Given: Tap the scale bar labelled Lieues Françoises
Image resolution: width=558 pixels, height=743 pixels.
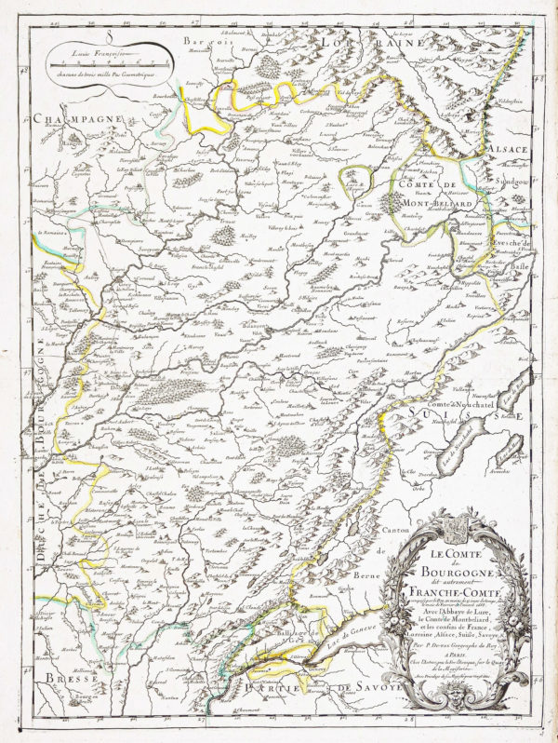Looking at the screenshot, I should (111, 66).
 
